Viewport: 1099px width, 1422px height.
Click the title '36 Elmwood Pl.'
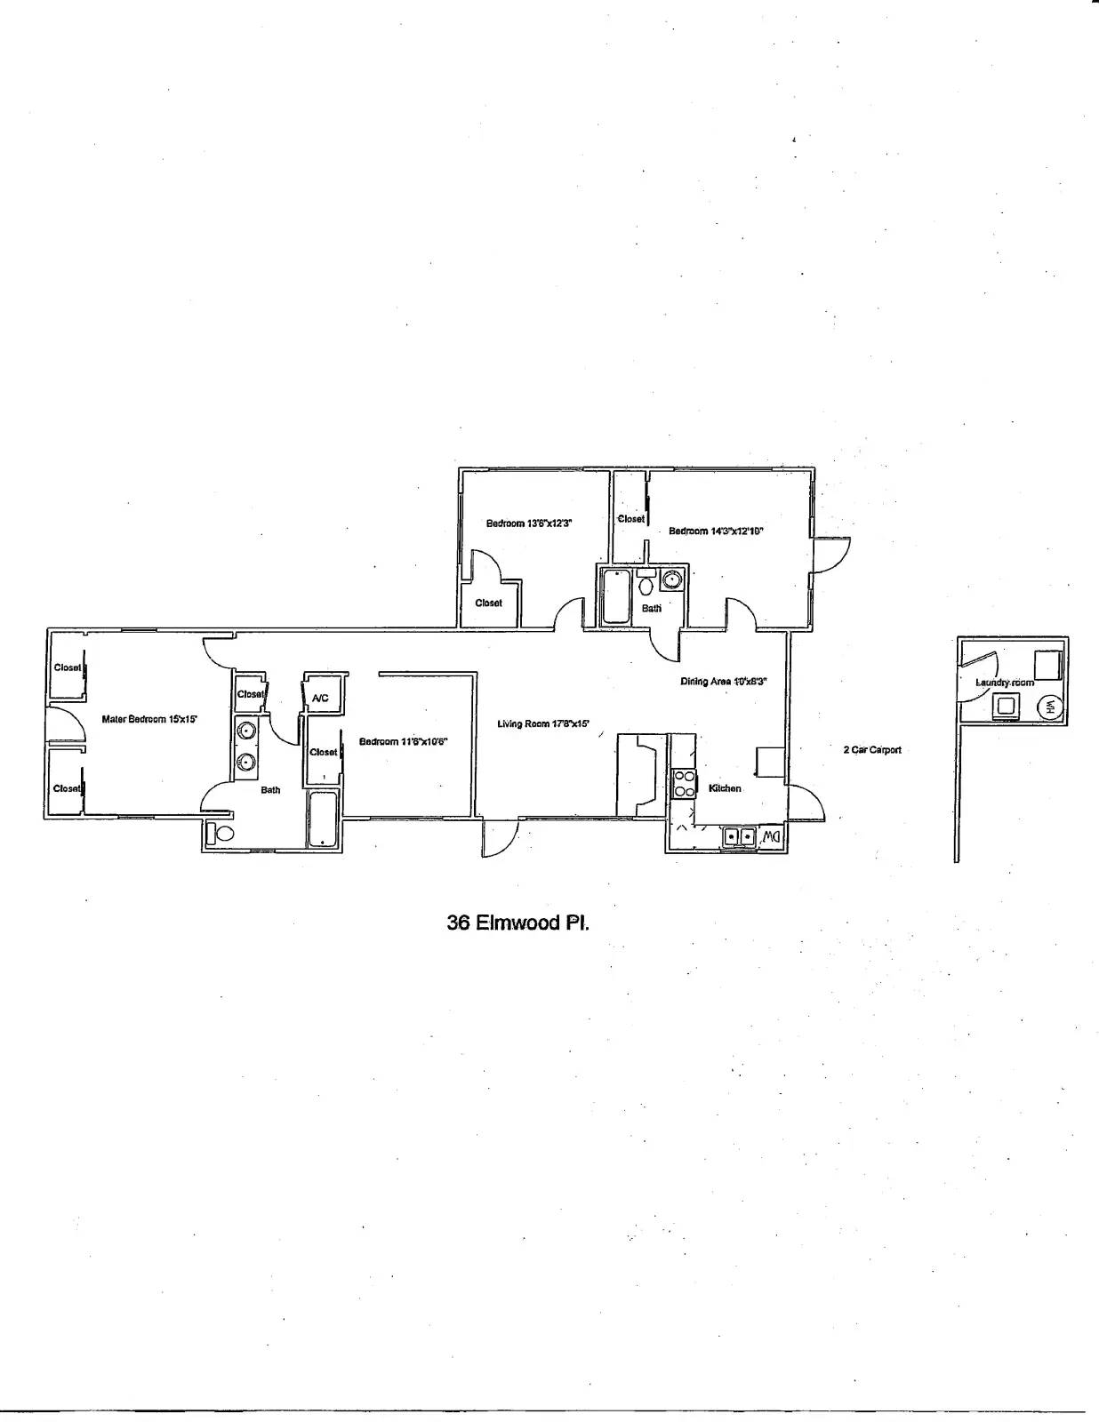click(x=517, y=923)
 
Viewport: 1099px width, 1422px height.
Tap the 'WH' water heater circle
click(x=1049, y=707)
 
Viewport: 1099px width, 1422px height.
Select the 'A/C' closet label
click(x=320, y=699)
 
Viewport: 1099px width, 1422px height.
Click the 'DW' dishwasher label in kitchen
click(x=770, y=836)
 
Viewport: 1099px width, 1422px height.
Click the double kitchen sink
click(x=739, y=836)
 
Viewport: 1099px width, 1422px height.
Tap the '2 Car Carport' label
click(x=871, y=750)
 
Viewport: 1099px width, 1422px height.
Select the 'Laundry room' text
click(x=1005, y=683)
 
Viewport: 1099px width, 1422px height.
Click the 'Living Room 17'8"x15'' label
click(x=542, y=724)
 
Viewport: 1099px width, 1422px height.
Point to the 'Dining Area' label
click(x=723, y=682)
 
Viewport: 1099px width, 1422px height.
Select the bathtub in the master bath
click(x=321, y=819)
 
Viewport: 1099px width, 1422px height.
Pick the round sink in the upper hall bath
click(x=673, y=579)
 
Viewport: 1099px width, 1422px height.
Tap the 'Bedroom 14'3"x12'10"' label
click(x=716, y=531)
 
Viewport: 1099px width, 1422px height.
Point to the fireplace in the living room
click(x=639, y=774)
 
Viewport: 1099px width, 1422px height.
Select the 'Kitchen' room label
click(x=725, y=788)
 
